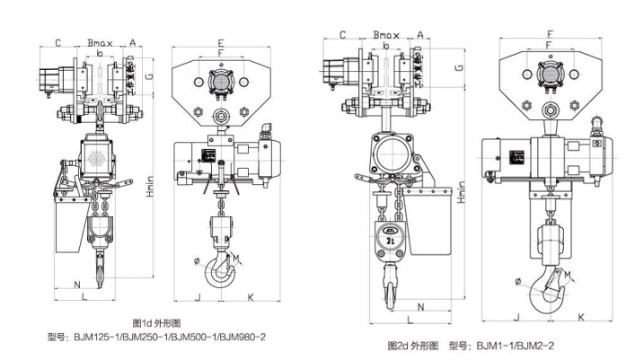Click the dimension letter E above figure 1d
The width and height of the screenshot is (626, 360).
(220, 42)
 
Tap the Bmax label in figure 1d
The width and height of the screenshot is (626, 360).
(99, 41)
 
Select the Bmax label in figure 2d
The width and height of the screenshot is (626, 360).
(387, 35)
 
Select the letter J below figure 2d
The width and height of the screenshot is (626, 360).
(516, 316)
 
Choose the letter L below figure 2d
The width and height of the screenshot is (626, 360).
(410, 320)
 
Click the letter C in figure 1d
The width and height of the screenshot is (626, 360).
(57, 41)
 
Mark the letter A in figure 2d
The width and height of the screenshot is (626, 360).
(420, 35)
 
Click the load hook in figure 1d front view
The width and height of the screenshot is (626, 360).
(220, 269)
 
